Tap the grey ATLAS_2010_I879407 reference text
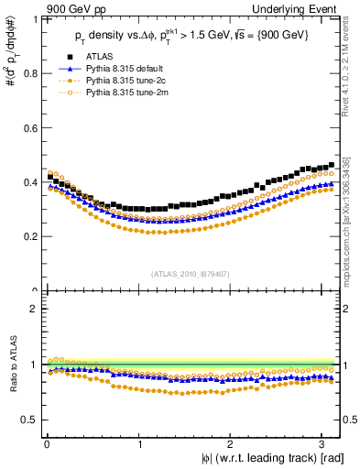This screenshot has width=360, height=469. click(191, 273)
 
